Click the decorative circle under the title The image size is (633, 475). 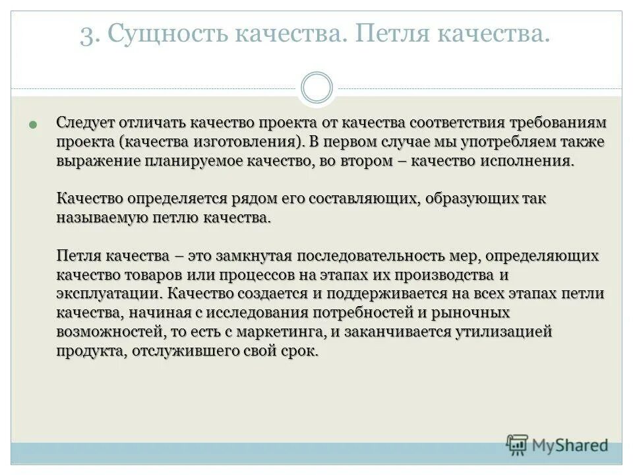316,88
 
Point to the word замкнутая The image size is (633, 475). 253,255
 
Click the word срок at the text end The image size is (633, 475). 300,351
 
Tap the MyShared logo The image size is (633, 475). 557,445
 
